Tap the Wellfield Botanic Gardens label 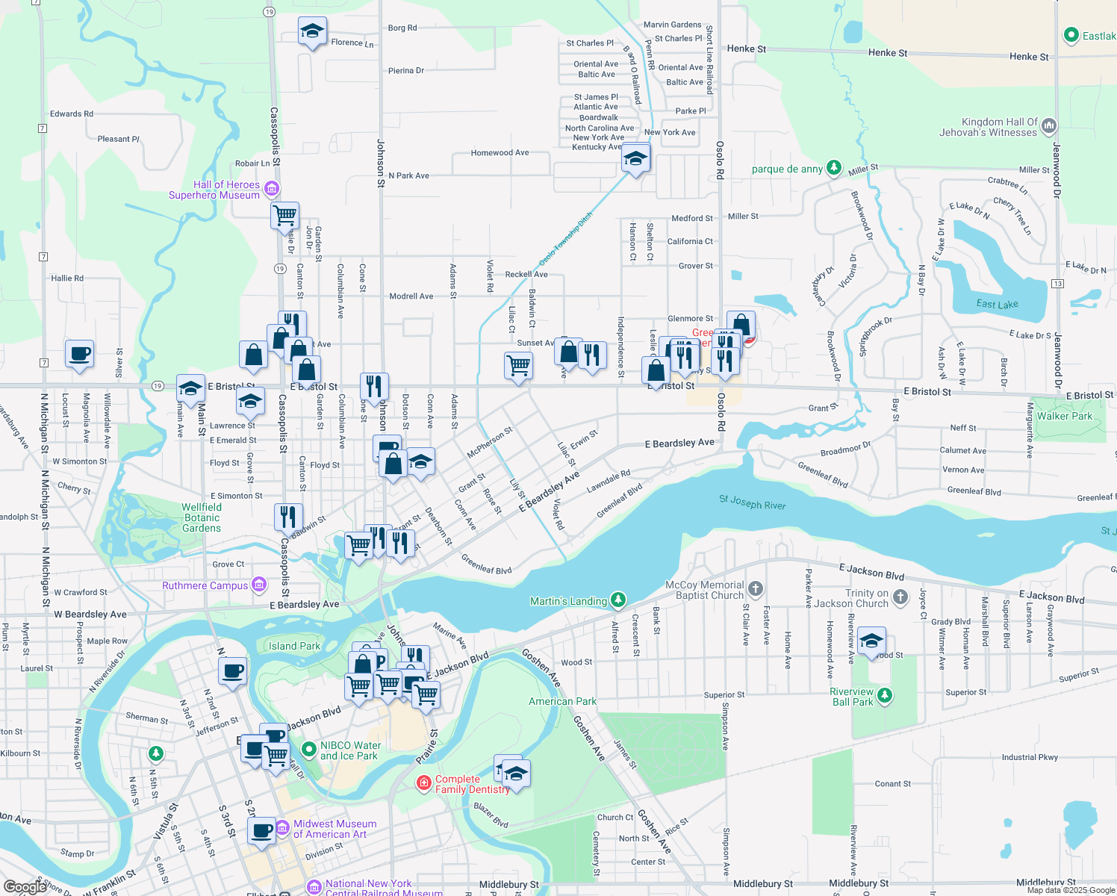pyautogui.click(x=202, y=517)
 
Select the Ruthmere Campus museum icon pyautogui.click(x=259, y=584)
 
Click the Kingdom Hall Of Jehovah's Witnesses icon pyautogui.click(x=1048, y=125)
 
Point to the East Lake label pyautogui.click(x=997, y=304)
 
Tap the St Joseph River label pyautogui.click(x=752, y=503)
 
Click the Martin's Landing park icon pyautogui.click(x=617, y=600)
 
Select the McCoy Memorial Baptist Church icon pyautogui.click(x=756, y=588)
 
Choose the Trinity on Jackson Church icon pyautogui.click(x=900, y=596)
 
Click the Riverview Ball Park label pyautogui.click(x=851, y=697)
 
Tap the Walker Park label pyautogui.click(x=1064, y=416)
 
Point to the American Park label pyautogui.click(x=562, y=701)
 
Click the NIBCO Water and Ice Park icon pyautogui.click(x=308, y=748)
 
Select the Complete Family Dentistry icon pyautogui.click(x=424, y=783)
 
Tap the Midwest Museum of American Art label pyautogui.click(x=335, y=829)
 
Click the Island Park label pyautogui.click(x=294, y=646)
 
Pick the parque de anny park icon pyautogui.click(x=834, y=168)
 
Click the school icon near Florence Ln pyautogui.click(x=312, y=32)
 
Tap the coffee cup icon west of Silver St pyautogui.click(x=79, y=355)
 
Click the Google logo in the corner pyautogui.click(x=24, y=886)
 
